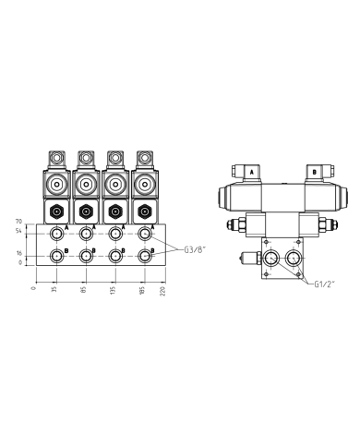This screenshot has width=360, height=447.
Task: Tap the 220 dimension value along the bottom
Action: click(x=163, y=292)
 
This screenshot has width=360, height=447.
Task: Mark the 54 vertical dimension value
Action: click(x=18, y=231)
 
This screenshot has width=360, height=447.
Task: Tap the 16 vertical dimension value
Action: click(x=18, y=253)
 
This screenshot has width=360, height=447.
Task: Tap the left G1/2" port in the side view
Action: click(x=270, y=256)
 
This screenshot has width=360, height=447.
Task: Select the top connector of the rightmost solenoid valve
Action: click(x=144, y=158)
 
